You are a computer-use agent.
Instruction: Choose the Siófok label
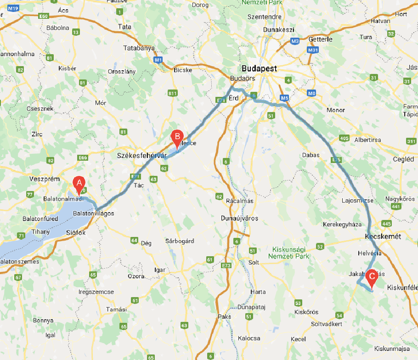75,232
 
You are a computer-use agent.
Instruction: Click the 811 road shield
173,93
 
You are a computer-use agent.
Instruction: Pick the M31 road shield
313,50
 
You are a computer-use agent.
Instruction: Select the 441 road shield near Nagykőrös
396,207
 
